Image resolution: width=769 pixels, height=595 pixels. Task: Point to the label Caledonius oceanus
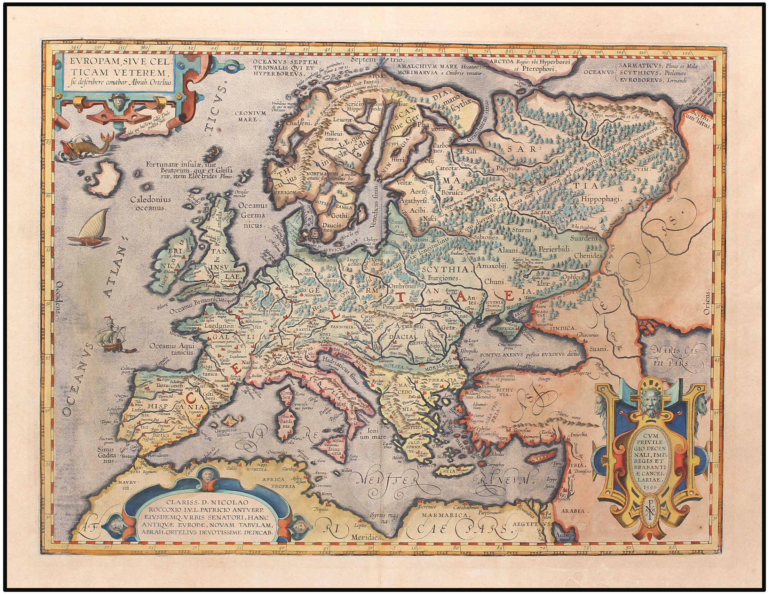(x=150, y=204)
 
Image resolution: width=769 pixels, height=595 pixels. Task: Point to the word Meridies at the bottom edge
(x=366, y=538)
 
